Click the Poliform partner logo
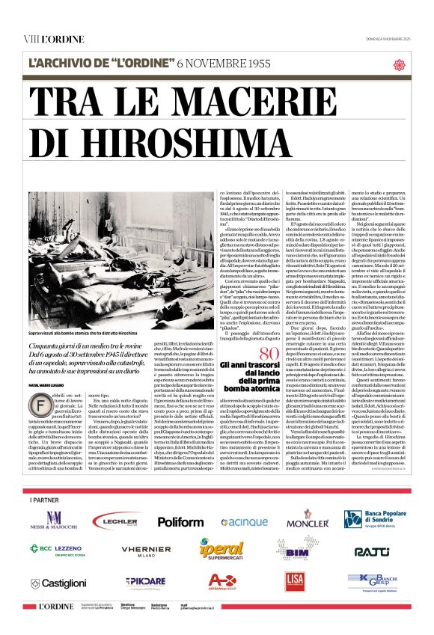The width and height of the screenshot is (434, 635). click(x=180, y=521)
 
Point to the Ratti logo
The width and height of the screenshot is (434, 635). click(x=372, y=551)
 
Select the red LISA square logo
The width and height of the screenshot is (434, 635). click(x=294, y=581)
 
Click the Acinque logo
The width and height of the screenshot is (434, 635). click(x=243, y=521)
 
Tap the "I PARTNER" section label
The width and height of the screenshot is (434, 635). click(x=43, y=498)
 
